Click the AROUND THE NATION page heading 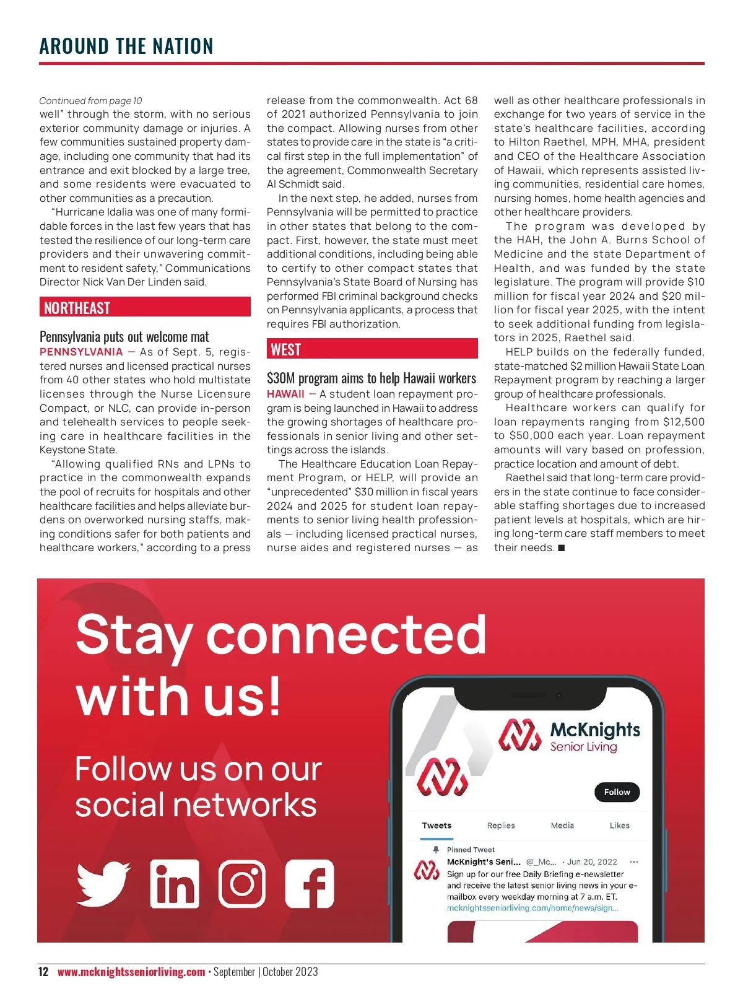[x=126, y=46]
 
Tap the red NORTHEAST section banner [x=145, y=307]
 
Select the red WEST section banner [x=372, y=349]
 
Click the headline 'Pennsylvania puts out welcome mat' [x=124, y=337]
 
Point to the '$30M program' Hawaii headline [x=371, y=378]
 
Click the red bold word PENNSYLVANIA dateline [x=81, y=352]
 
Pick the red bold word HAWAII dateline [x=285, y=394]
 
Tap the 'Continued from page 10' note [x=90, y=101]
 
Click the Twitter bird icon [x=103, y=883]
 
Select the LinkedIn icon [x=175, y=883]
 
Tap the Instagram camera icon [x=242, y=883]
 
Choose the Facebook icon [x=310, y=883]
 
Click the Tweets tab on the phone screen [x=437, y=826]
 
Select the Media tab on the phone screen [x=562, y=826]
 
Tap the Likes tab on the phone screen [x=619, y=826]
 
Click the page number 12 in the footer [x=43, y=972]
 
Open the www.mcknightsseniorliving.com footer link [x=131, y=972]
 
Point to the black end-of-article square [x=562, y=548]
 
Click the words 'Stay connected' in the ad [x=280, y=635]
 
